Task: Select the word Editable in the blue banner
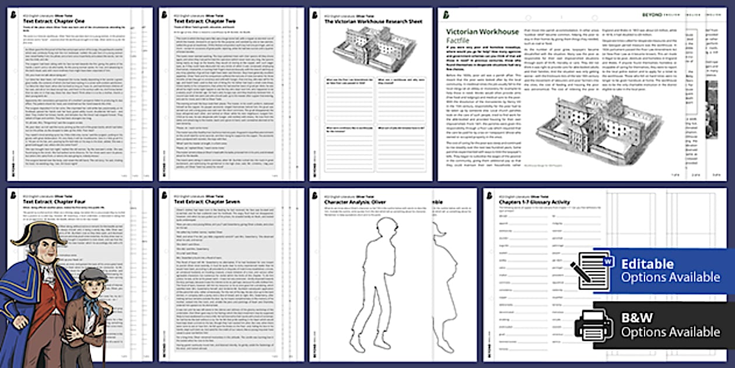[x=647, y=264]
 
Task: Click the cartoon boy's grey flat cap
[x=93, y=275]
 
